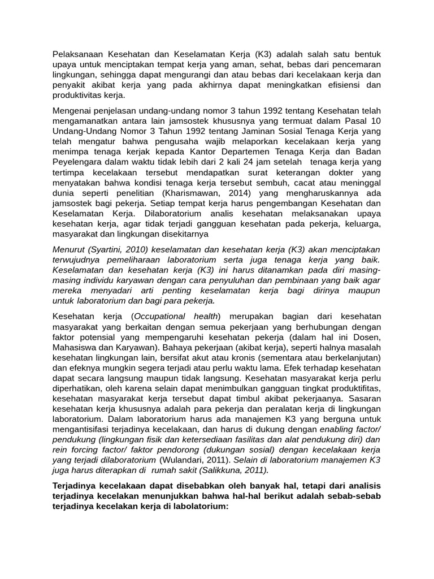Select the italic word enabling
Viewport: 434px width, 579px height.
[x=334, y=429]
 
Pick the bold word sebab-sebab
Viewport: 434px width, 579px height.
[x=357, y=496]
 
